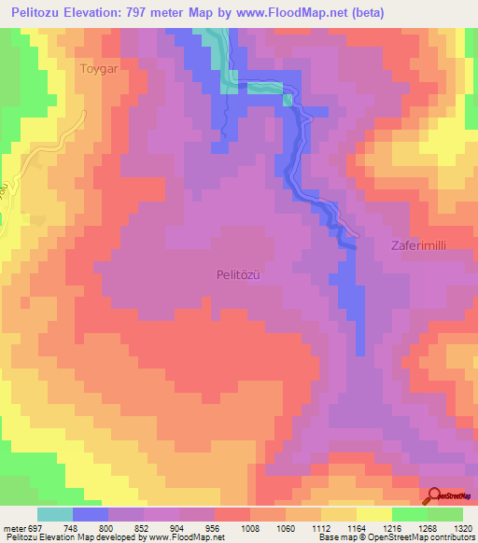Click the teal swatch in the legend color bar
point(55,514)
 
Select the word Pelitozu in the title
point(44,13)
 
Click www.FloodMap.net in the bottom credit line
point(188,537)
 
